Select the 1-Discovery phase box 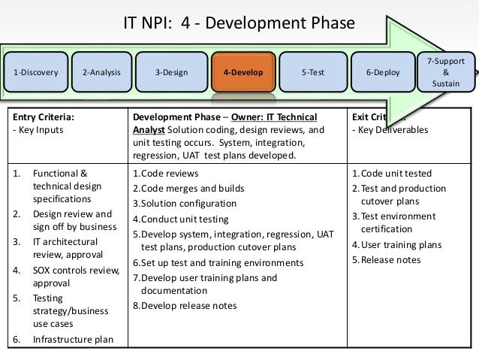point(35,73)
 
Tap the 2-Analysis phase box point(102,73)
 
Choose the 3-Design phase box point(171,73)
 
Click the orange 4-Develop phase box point(243,73)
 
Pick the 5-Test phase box point(313,73)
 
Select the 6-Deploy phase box point(383,73)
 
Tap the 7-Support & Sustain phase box point(445,72)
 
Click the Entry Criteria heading point(44,117)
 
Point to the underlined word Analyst point(149,130)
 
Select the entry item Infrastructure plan point(73,339)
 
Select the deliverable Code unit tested point(391,174)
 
